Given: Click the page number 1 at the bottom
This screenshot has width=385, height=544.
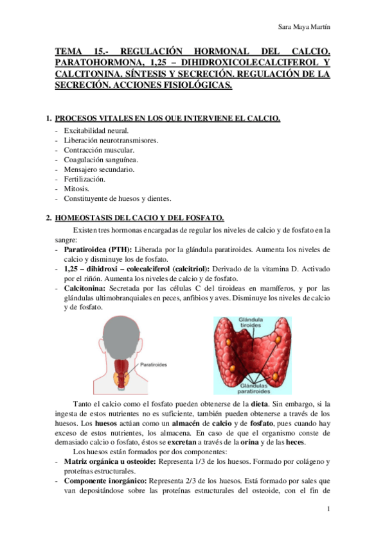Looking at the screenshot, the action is (x=328, y=509).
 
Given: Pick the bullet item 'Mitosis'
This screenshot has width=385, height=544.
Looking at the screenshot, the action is (x=76, y=189).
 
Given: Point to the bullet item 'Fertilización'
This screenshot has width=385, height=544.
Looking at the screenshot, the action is (x=84, y=179).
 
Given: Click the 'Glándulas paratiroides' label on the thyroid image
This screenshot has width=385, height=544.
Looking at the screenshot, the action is (x=255, y=389).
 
